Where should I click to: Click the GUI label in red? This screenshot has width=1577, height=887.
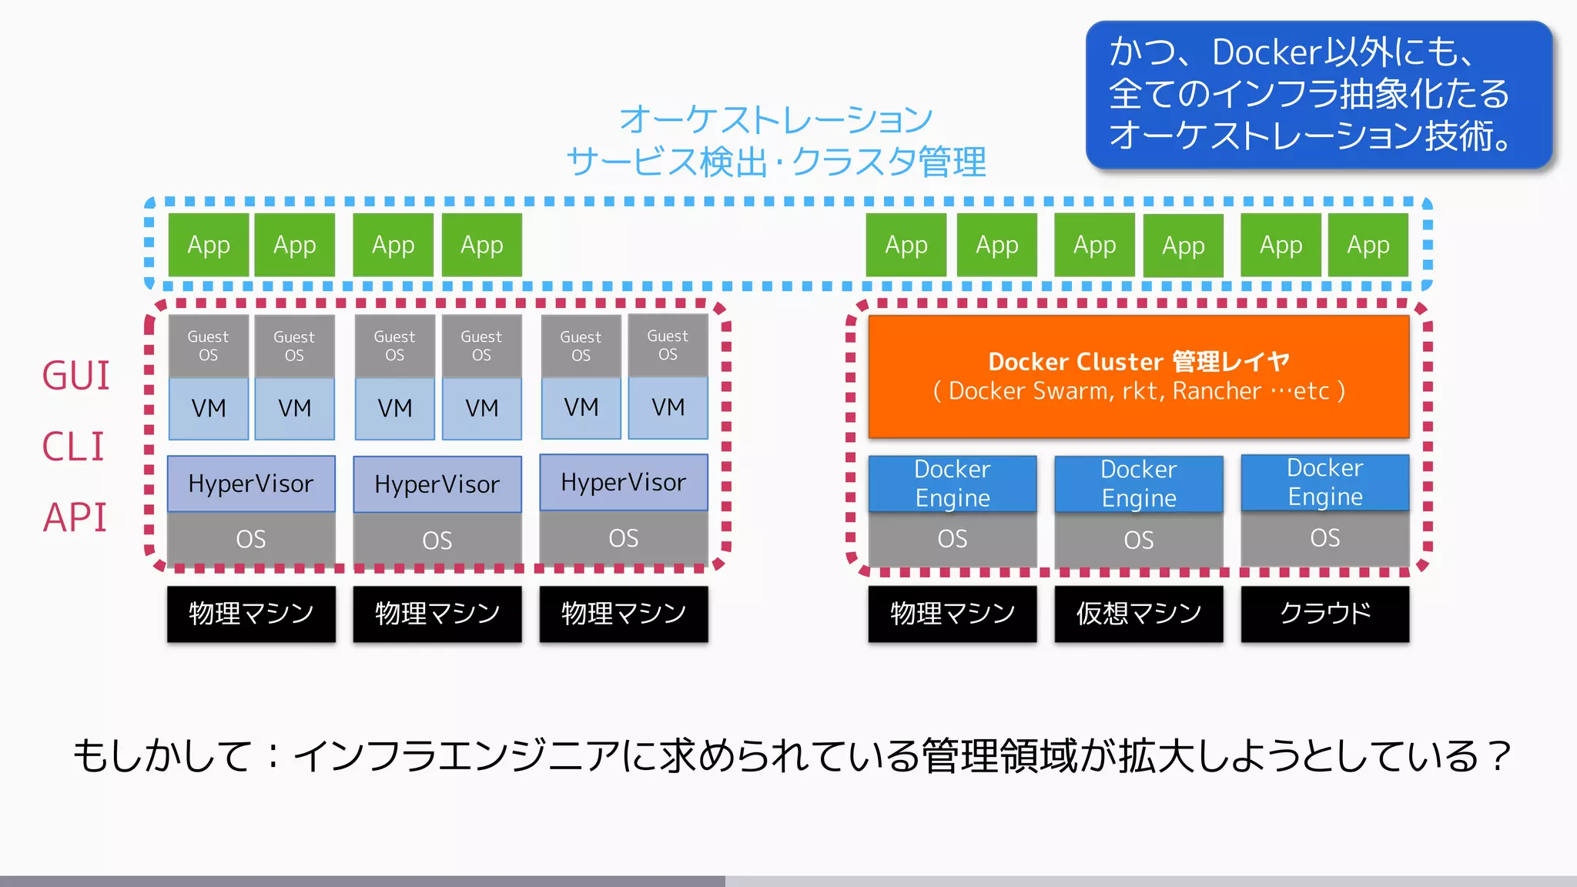[x=75, y=376]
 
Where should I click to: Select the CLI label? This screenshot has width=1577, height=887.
[x=73, y=447]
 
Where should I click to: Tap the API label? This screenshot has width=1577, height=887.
[x=75, y=517]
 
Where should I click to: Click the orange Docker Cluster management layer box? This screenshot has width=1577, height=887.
[x=1138, y=377]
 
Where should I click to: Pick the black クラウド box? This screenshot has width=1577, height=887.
[x=1324, y=614]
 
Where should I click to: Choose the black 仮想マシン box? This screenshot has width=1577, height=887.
[x=1138, y=614]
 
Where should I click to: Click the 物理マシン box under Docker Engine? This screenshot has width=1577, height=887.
[x=952, y=614]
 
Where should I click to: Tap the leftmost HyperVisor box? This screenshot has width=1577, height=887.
[x=251, y=484]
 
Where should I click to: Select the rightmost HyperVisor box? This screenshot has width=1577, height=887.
[x=623, y=483]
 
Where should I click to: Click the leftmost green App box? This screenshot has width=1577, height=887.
[x=209, y=245]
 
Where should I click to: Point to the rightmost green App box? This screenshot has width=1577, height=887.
[x=1368, y=245]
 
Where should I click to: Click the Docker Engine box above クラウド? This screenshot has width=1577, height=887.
[x=1324, y=483]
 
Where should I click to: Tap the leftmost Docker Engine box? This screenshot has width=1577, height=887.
[x=952, y=484]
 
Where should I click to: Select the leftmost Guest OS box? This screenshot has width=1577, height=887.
[x=208, y=346]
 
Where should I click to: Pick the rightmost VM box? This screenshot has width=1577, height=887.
[x=668, y=407]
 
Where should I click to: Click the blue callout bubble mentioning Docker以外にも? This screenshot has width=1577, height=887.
[x=1318, y=95]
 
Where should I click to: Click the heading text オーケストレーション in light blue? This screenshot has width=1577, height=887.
[x=776, y=120]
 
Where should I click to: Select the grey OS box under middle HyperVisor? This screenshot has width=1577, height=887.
[x=437, y=540]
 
